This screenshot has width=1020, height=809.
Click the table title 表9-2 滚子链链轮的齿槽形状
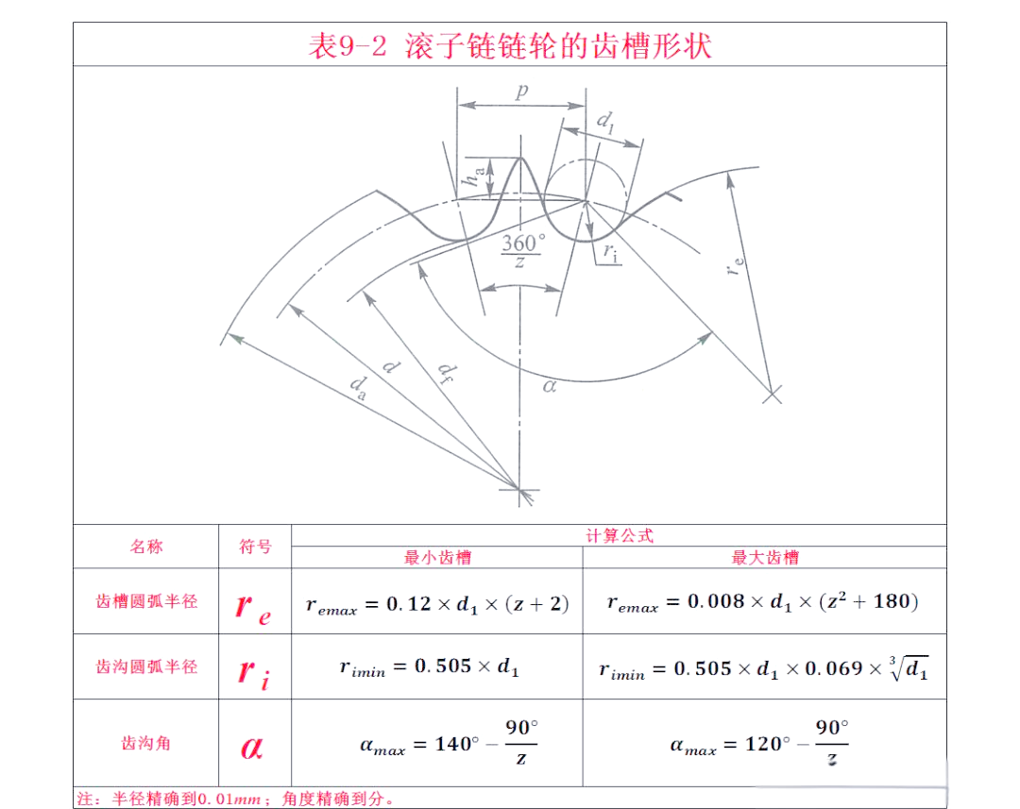coord(510,45)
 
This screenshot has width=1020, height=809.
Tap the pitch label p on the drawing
coord(520,92)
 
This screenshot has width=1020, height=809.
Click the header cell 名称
coord(146,547)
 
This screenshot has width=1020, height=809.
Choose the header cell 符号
coord(255,547)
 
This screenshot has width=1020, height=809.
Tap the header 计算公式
coord(620,535)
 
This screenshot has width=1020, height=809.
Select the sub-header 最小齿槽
coord(437,558)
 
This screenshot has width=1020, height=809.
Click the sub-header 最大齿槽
coord(765,558)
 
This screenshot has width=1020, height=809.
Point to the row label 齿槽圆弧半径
coord(146,601)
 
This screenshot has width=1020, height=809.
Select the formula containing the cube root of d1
coord(764,668)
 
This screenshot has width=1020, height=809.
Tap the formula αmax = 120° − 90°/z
coord(760,743)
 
